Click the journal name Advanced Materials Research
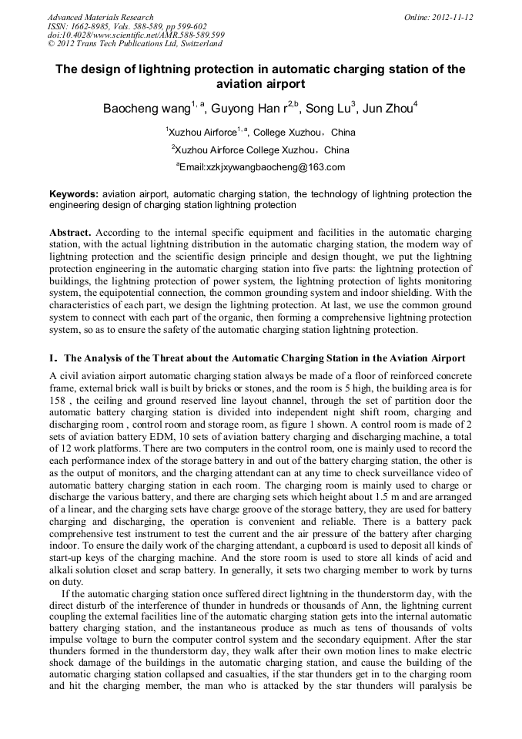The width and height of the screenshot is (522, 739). [x=100, y=17]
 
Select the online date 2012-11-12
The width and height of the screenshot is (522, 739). [x=451, y=17]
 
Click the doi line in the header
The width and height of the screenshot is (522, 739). [x=136, y=35]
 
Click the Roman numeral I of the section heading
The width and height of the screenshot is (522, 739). [x=52, y=358]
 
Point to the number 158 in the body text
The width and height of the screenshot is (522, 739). [x=58, y=401]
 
